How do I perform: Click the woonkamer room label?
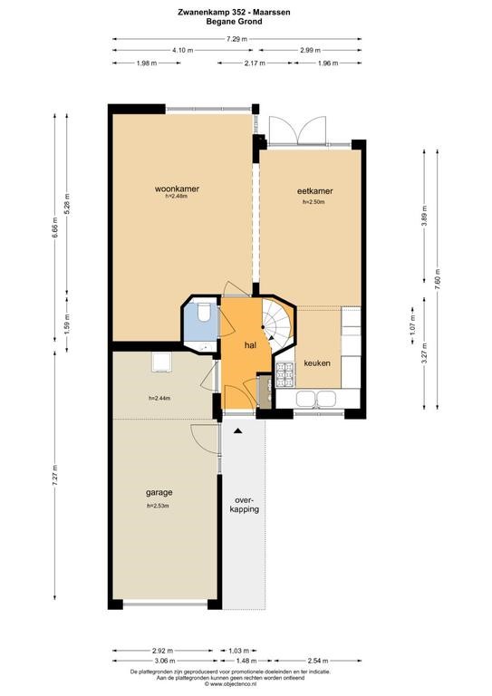coord(177,188)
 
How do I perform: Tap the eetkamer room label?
coord(314,191)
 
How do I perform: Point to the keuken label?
coord(317,363)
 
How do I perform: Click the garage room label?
coord(159,492)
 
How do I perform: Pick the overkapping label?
coord(244,505)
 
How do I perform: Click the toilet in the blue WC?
coord(205,312)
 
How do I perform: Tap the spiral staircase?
coord(277,323)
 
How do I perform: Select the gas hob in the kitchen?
coord(285,375)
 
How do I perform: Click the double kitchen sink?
coord(316,398)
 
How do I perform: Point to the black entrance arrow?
coord(238,430)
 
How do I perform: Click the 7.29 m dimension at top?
coord(236,39)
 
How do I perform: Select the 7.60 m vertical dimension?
coord(437,280)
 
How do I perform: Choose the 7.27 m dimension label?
coord(55,475)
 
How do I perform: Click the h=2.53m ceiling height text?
coord(158,506)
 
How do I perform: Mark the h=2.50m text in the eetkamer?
coord(314,202)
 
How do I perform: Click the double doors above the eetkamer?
coord(298,130)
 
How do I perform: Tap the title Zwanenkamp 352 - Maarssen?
coord(234,13)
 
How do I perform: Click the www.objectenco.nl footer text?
coord(230,684)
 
